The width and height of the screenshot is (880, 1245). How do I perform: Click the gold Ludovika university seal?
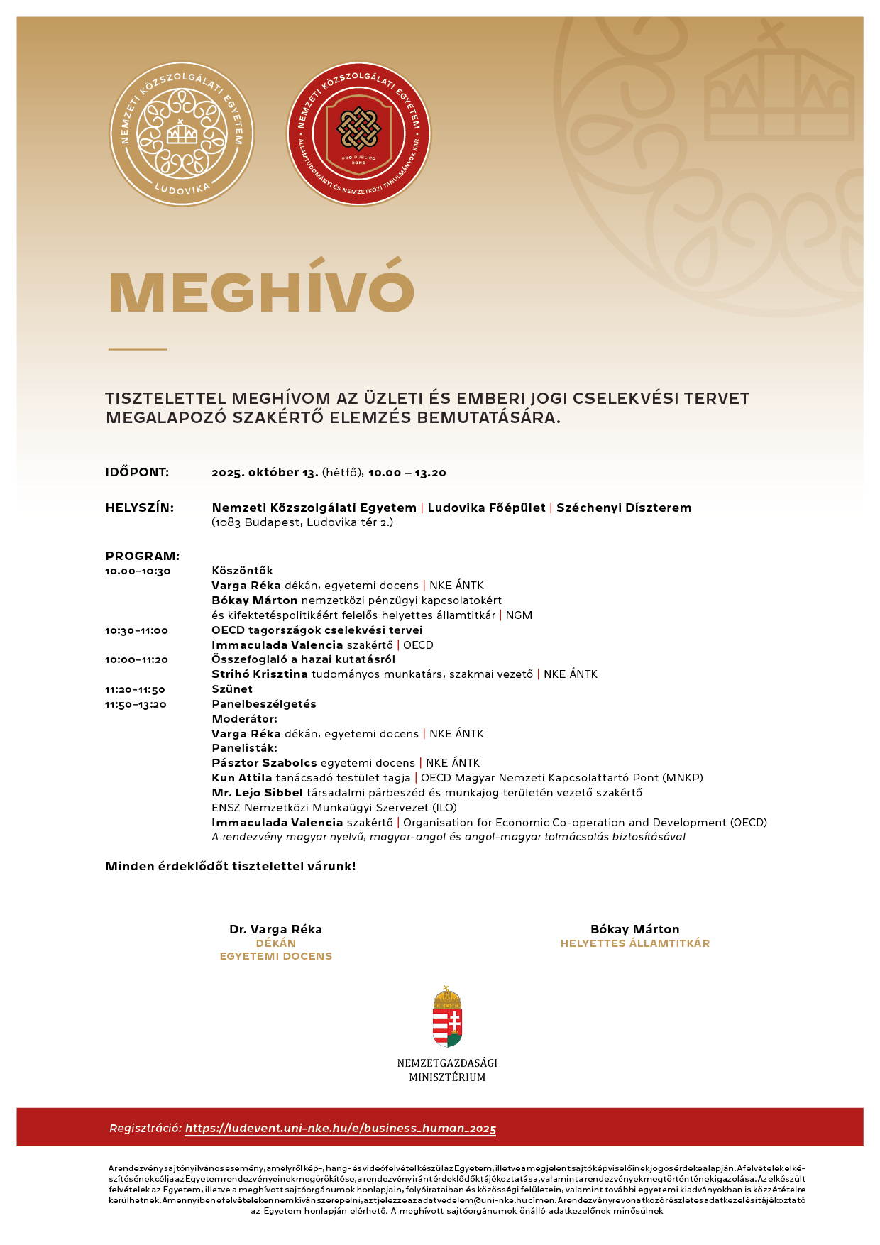pyautogui.click(x=182, y=134)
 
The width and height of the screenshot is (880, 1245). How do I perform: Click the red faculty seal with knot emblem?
pyautogui.click(x=358, y=134)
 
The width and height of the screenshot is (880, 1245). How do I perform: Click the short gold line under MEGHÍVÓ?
pyautogui.click(x=138, y=349)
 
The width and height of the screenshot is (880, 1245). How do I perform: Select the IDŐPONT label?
pyautogui.click(x=137, y=472)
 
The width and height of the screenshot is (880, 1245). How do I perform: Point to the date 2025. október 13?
pyautogui.click(x=265, y=473)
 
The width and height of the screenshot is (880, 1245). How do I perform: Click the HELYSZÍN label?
pyautogui.click(x=139, y=508)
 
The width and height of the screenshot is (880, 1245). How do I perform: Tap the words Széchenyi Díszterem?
pyautogui.click(x=624, y=508)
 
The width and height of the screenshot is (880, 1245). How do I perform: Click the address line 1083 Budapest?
pyautogui.click(x=302, y=522)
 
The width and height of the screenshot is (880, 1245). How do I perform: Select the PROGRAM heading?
pyautogui.click(x=142, y=556)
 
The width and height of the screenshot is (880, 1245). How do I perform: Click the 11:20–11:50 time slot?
pyautogui.click(x=135, y=690)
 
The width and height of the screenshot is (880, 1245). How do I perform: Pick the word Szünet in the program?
pyautogui.click(x=232, y=689)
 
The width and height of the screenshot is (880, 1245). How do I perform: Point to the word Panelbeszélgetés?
pyautogui.click(x=264, y=704)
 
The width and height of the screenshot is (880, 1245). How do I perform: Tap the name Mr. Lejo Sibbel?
pyautogui.click(x=257, y=793)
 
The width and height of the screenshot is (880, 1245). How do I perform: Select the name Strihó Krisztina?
pyautogui.click(x=260, y=674)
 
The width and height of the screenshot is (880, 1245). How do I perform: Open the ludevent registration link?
pyautogui.click(x=341, y=1129)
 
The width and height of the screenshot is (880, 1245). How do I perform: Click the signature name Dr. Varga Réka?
pyautogui.click(x=275, y=929)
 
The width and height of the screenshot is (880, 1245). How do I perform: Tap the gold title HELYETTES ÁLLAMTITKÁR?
pyautogui.click(x=634, y=943)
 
